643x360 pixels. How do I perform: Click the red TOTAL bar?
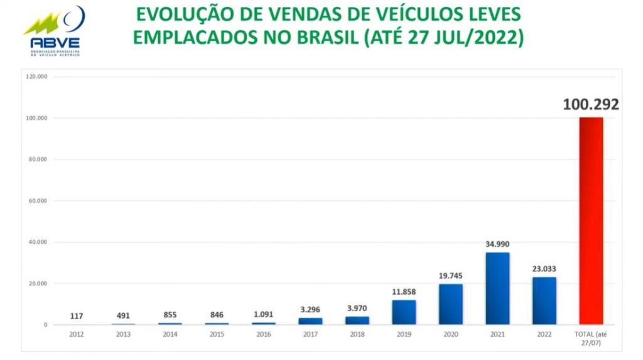click(591, 221)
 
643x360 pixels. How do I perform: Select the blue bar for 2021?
click(497, 288)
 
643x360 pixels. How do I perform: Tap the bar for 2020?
click(451, 304)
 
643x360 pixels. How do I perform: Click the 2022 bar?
click(544, 300)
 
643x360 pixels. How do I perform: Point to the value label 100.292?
click(591, 104)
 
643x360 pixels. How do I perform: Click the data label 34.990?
click(497, 243)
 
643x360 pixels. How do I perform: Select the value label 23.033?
click(544, 268)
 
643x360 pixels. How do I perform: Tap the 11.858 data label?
click(404, 292)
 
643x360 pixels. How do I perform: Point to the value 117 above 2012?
click(77, 316)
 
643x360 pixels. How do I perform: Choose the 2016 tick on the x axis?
click(264, 334)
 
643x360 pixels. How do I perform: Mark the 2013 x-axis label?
click(123, 334)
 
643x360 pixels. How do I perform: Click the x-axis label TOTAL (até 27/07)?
click(591, 338)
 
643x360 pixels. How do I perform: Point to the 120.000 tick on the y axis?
click(37, 77)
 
